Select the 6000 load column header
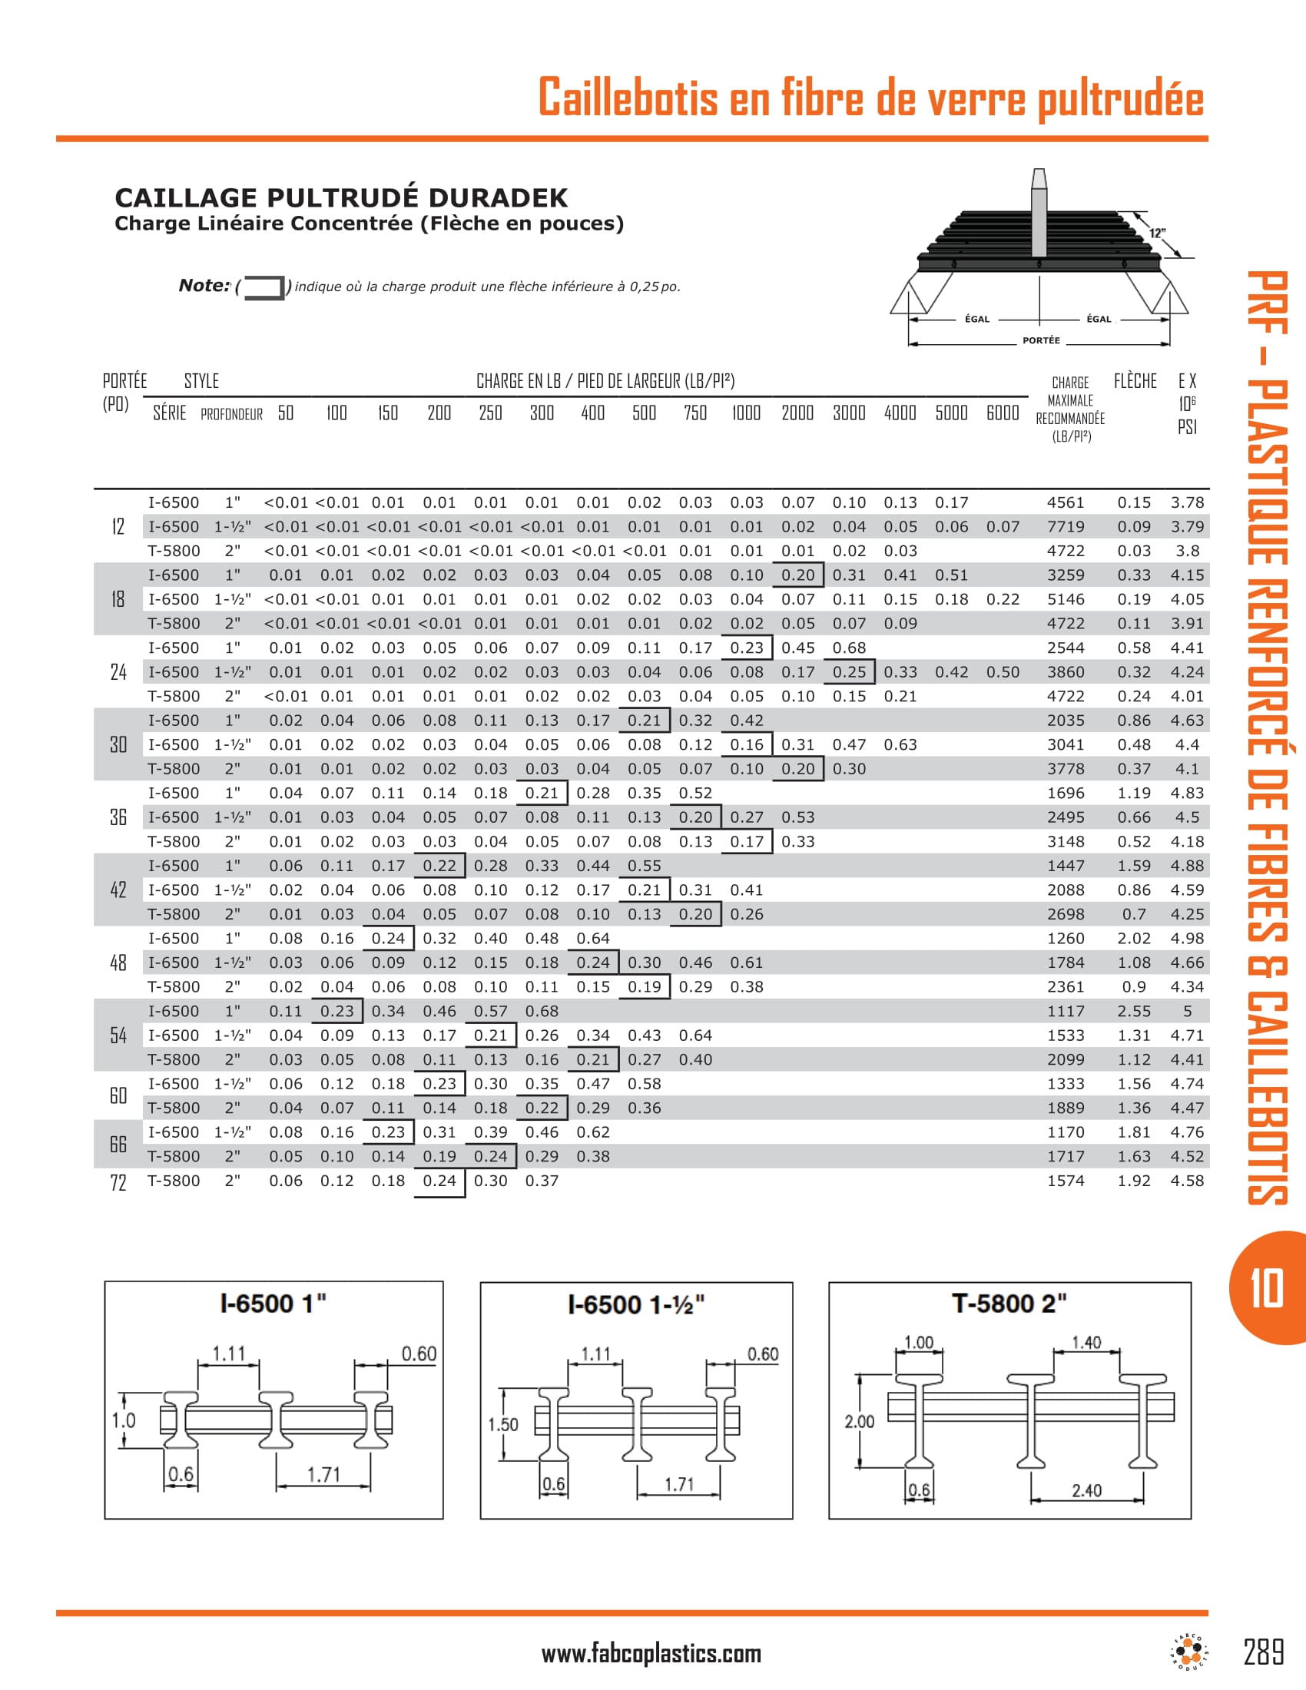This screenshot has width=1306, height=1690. point(1002,413)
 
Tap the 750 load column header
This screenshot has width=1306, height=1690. point(694,413)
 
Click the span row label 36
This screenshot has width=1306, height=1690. point(118,817)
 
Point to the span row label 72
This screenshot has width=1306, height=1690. point(118,1182)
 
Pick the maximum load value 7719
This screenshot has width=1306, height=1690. point(1066,527)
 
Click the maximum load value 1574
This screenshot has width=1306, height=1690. point(1066,1181)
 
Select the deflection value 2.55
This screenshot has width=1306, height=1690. point(1133,1012)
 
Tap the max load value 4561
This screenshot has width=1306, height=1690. point(1066,503)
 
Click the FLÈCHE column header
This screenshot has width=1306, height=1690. point(1135,381)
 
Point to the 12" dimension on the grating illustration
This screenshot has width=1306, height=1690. point(1157,233)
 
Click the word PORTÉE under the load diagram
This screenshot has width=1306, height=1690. point(1041,340)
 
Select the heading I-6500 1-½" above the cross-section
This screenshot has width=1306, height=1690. point(636,1305)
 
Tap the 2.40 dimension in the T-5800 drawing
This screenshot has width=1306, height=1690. point(1086,1490)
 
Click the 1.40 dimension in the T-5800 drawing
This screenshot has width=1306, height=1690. point(1086,1343)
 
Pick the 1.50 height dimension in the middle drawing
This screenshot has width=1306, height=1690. point(502,1424)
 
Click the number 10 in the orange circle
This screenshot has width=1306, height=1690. point(1267,1288)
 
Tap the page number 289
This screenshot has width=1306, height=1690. point(1264,1652)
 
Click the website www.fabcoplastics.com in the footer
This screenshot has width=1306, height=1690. point(651,1654)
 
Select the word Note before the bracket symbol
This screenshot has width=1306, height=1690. point(204,286)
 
